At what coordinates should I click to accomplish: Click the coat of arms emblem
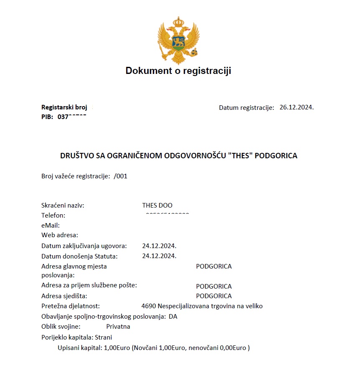point(178,40)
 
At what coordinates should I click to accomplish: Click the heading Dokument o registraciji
point(178,71)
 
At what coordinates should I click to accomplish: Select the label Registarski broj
point(64,107)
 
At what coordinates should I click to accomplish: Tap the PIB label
point(47,117)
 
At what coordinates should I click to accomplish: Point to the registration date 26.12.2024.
point(296,107)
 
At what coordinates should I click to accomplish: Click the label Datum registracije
point(246,107)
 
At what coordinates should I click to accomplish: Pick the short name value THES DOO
point(157,205)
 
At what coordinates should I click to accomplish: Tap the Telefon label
point(53,216)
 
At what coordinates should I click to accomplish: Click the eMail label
point(51,225)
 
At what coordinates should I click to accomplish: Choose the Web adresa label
point(60,235)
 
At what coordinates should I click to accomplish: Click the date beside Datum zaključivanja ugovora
point(159,246)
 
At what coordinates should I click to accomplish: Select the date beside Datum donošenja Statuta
point(159,256)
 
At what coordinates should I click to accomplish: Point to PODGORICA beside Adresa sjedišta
point(213,296)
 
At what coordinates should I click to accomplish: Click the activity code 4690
point(149,306)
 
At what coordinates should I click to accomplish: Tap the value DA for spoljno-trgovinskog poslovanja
point(173,316)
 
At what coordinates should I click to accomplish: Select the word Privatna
point(118,326)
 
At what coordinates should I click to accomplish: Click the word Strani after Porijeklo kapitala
point(104,337)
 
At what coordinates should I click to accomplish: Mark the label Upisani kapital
point(80,347)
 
